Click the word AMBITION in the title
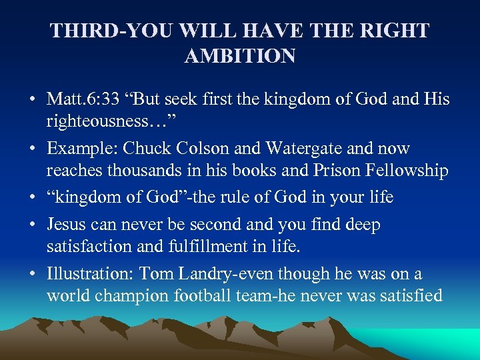point(239,56)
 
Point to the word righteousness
point(95,121)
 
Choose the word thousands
point(149,171)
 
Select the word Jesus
point(67,225)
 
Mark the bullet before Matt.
point(32,100)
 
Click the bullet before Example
point(32,149)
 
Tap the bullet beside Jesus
point(32,225)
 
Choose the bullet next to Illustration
point(32,274)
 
